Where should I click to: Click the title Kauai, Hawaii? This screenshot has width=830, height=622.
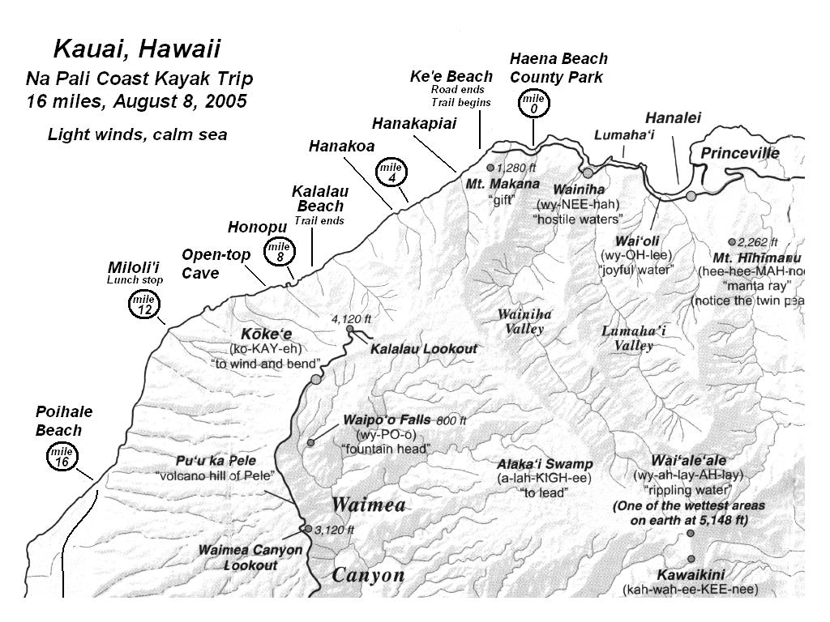136,49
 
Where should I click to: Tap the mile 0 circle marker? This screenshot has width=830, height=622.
533,104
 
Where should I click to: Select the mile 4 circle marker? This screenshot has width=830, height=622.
391,171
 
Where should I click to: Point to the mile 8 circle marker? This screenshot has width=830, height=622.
279,251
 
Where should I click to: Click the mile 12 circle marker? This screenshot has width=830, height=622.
143,305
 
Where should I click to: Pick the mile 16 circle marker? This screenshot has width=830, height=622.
62,457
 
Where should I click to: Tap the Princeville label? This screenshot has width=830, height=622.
739,153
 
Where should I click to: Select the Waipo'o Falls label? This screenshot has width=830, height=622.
386,420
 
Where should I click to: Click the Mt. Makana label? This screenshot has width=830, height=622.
503,184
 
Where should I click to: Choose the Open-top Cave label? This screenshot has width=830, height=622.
216,264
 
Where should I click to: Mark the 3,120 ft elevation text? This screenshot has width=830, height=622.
334,530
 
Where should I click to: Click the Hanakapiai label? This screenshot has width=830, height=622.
414,123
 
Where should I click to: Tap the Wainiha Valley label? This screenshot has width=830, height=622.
524,322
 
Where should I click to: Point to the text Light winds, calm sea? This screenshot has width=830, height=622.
137,134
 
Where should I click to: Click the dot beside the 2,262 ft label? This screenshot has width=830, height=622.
732,241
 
